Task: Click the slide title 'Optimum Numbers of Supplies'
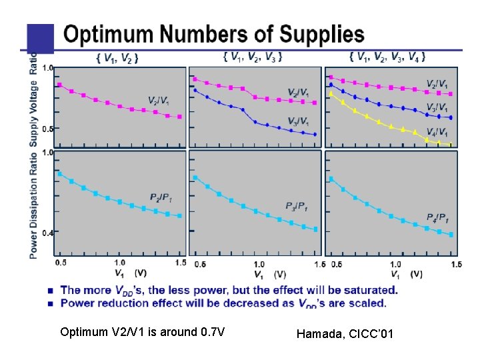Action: [x=213, y=35]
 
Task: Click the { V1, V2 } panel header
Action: [x=117, y=59]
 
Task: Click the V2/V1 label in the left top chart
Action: [x=159, y=101]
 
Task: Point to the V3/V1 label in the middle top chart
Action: [x=298, y=121]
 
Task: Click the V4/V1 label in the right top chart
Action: [x=437, y=131]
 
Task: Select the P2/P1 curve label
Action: [x=162, y=198]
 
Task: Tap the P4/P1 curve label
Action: [x=437, y=218]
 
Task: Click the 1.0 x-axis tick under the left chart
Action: [x=120, y=263]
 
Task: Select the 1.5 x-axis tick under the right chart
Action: [x=456, y=264]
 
